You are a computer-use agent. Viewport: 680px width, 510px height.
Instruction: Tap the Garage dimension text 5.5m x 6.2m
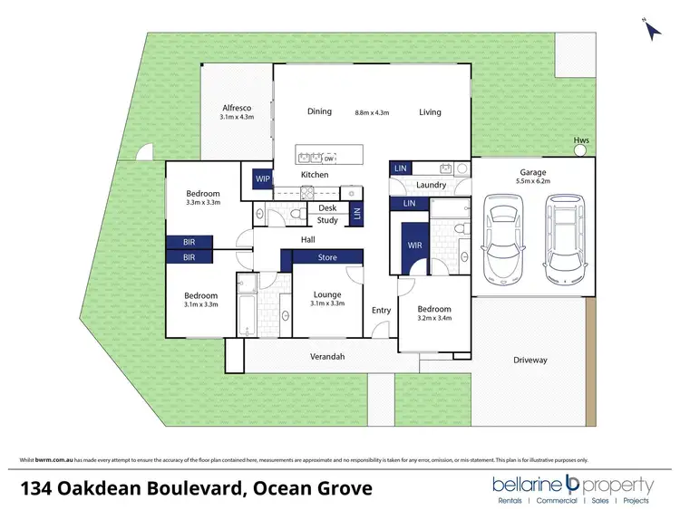pyautogui.click(x=532, y=181)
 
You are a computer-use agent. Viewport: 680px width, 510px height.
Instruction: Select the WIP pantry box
pyautogui.click(x=263, y=178)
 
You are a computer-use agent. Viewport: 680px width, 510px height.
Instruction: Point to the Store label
pyautogui.click(x=326, y=258)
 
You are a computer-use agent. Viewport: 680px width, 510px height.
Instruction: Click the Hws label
pyautogui.click(x=581, y=140)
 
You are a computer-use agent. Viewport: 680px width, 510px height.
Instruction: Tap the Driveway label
pyautogui.click(x=529, y=361)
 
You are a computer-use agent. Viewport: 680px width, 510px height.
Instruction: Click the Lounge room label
pyautogui.click(x=326, y=294)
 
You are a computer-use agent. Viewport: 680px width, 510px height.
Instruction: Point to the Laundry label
pyautogui.click(x=431, y=186)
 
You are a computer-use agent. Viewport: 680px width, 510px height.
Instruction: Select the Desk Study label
pyautogui.click(x=327, y=214)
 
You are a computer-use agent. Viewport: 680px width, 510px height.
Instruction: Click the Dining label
pyautogui.click(x=319, y=112)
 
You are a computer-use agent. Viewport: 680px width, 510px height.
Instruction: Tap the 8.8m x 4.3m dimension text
pyautogui.click(x=372, y=113)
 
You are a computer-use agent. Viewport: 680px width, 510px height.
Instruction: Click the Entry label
pyautogui.click(x=381, y=311)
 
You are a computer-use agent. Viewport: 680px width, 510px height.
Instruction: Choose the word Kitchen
pyautogui.click(x=314, y=175)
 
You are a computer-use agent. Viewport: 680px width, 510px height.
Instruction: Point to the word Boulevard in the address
pyautogui.click(x=191, y=489)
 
